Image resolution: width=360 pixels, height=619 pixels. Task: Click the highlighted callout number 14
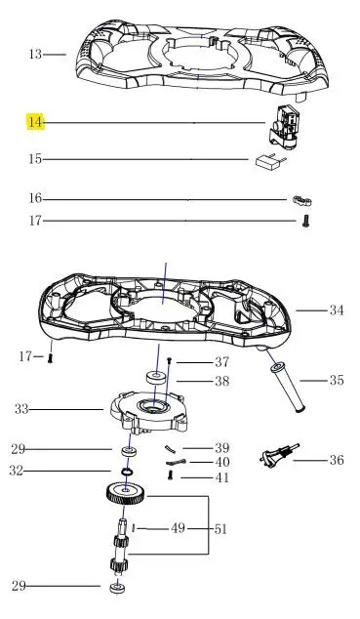pyautogui.click(x=35, y=122)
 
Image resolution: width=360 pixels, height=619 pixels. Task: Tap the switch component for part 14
pyautogui.click(x=283, y=127)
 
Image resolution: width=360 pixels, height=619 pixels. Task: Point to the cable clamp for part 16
pyautogui.click(x=302, y=201)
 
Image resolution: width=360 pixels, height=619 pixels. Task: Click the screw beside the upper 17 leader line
pyautogui.click(x=305, y=221)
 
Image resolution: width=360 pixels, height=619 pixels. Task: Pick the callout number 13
pyautogui.click(x=35, y=54)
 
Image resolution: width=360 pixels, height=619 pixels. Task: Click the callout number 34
pyautogui.click(x=337, y=310)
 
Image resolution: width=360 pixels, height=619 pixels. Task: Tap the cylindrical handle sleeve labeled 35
pyautogui.click(x=288, y=388)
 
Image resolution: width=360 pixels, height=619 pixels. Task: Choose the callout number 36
pyautogui.click(x=337, y=460)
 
